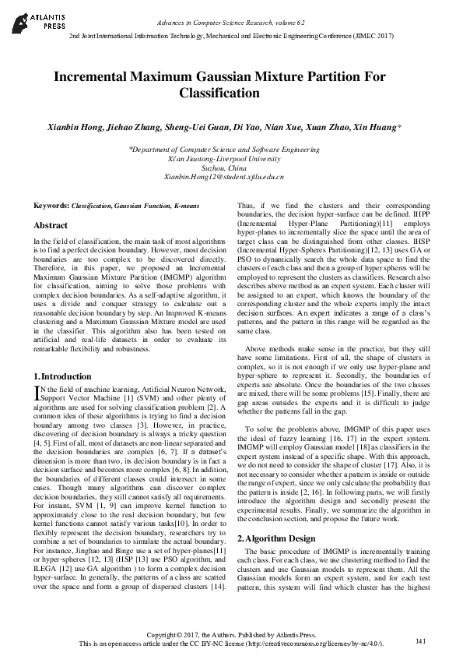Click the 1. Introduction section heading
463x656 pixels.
point(63,376)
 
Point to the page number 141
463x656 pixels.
point(421,640)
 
